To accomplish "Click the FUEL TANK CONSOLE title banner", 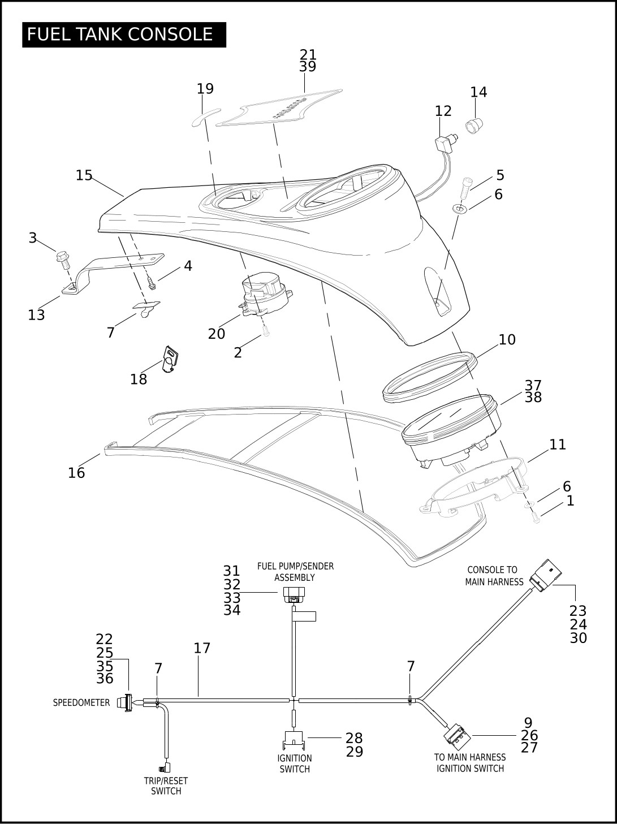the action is pos(124,34).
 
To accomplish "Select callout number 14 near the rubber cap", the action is pos(478,92).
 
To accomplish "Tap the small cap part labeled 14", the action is pos(474,126).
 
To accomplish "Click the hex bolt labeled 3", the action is pos(63,259).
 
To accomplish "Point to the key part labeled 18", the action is pos(170,359).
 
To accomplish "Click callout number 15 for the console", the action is pos(84,175).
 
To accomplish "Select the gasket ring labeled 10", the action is pos(430,377).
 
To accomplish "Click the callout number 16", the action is pos(76,473).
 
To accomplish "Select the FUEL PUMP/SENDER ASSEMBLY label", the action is pos(295,571).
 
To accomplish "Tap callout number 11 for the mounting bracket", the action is pos(557,445).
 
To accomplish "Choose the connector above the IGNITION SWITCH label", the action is pos(294,739).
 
